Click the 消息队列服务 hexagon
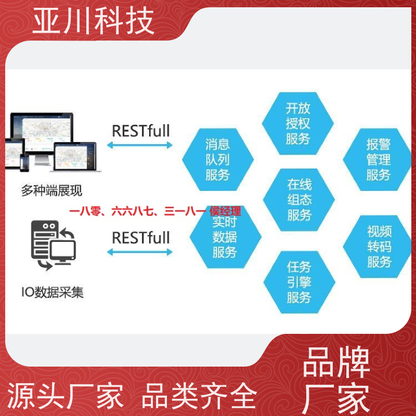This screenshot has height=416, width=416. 218,160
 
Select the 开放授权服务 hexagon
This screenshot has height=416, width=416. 297,123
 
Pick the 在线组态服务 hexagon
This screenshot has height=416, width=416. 299,200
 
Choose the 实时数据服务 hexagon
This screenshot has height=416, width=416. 226,238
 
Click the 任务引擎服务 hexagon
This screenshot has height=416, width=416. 300,282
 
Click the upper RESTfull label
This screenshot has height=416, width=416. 141,131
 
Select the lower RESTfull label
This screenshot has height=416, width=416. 141,238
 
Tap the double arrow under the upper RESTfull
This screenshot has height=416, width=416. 140,145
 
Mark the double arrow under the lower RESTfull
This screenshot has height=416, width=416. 140,252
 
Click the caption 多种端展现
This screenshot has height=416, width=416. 51,190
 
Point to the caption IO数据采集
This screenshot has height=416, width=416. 53,292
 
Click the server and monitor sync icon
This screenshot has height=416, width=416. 54,245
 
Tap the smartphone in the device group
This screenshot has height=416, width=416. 24,163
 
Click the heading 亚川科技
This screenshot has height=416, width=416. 93,21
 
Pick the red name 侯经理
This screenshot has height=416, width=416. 225,211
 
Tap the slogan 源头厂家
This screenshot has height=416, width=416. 66,396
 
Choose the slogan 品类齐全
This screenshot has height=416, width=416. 199,396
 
